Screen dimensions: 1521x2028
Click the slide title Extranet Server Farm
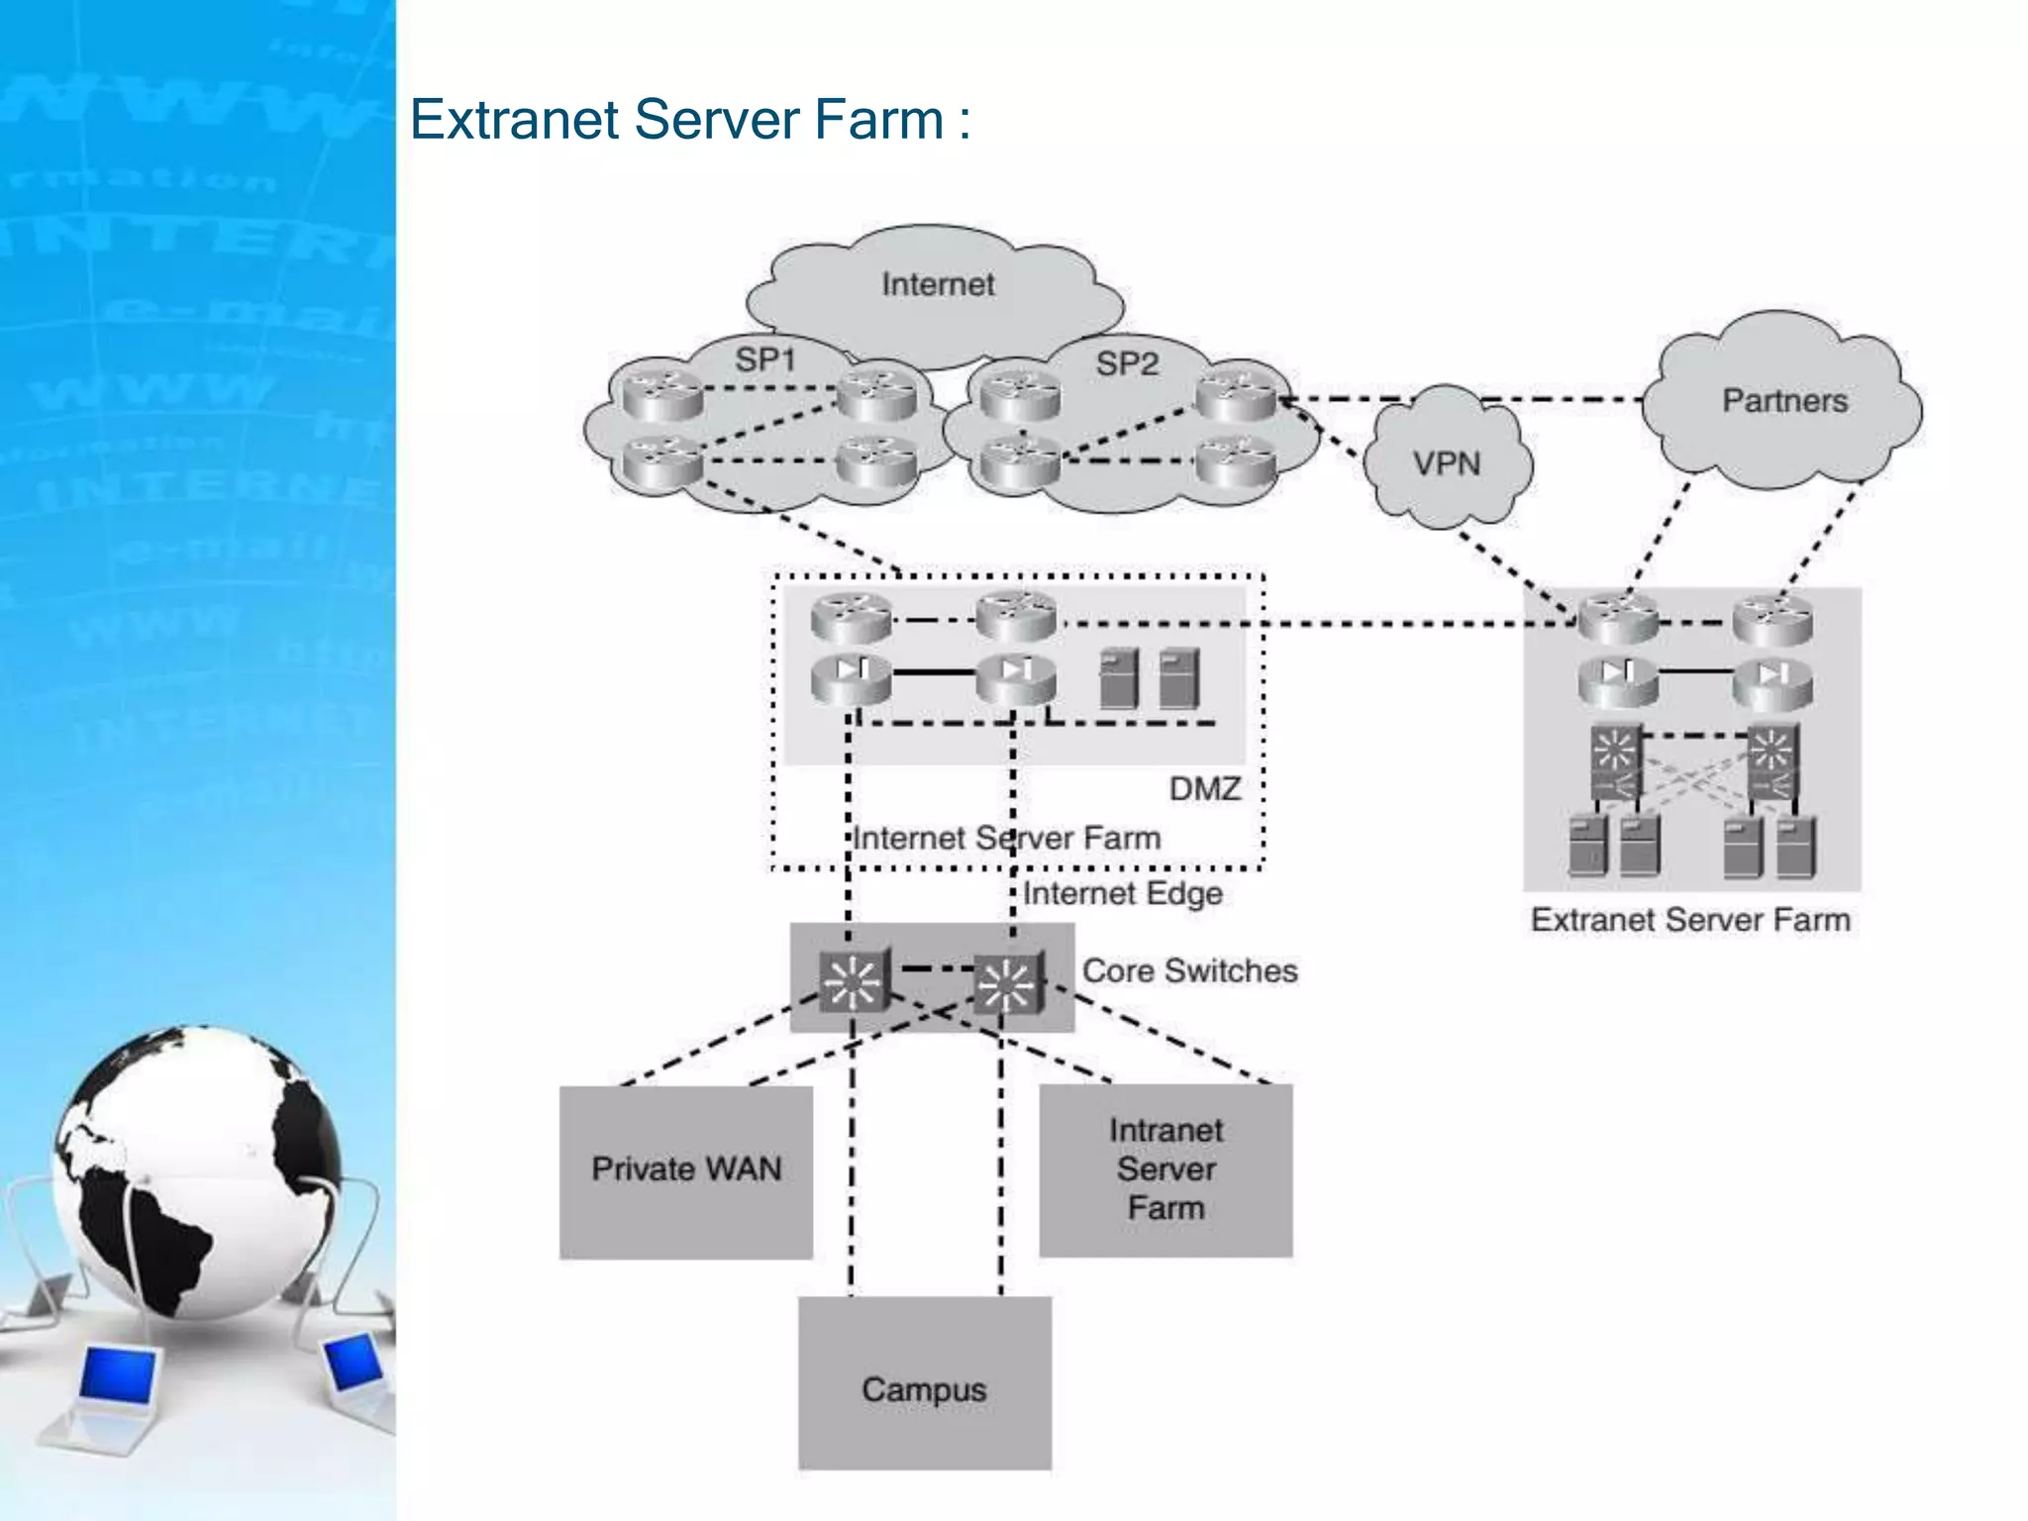689,120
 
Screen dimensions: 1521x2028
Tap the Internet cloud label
937,285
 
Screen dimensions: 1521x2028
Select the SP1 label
764,359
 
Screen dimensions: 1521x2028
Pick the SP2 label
1126,363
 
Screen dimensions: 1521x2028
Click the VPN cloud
1447,463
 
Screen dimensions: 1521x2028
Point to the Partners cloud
1784,401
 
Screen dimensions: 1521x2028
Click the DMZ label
1204,789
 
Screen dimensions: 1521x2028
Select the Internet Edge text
1122,893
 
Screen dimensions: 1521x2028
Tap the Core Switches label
1189,970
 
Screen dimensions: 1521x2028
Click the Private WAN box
686,1170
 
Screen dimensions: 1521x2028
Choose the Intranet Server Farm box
1166,1169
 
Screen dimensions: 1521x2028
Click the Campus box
924,1388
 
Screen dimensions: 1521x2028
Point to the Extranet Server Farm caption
1689,920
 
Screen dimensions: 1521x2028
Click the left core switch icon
854,981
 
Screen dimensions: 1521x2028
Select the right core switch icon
1007,983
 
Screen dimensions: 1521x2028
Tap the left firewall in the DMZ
851,677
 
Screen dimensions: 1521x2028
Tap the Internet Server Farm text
1006,839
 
